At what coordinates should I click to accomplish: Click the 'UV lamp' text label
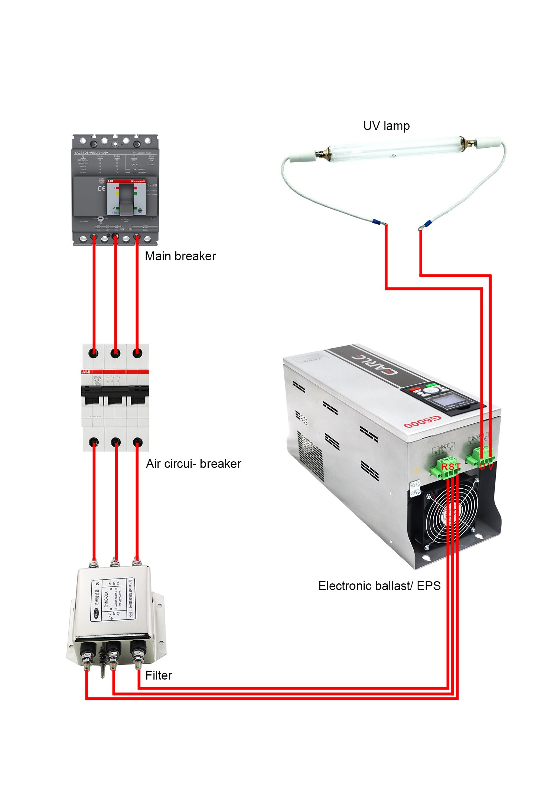386,126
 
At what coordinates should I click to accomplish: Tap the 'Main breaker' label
180,256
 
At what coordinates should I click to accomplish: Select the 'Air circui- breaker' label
193,464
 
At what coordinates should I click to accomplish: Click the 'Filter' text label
159,675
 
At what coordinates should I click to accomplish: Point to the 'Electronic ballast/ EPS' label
379,586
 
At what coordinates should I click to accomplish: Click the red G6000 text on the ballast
423,422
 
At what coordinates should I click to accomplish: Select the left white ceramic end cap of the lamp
302,156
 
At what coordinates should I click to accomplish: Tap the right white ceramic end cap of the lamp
489,142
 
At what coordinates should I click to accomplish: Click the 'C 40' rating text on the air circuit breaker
97,380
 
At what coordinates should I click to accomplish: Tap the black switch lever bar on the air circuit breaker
115,390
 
